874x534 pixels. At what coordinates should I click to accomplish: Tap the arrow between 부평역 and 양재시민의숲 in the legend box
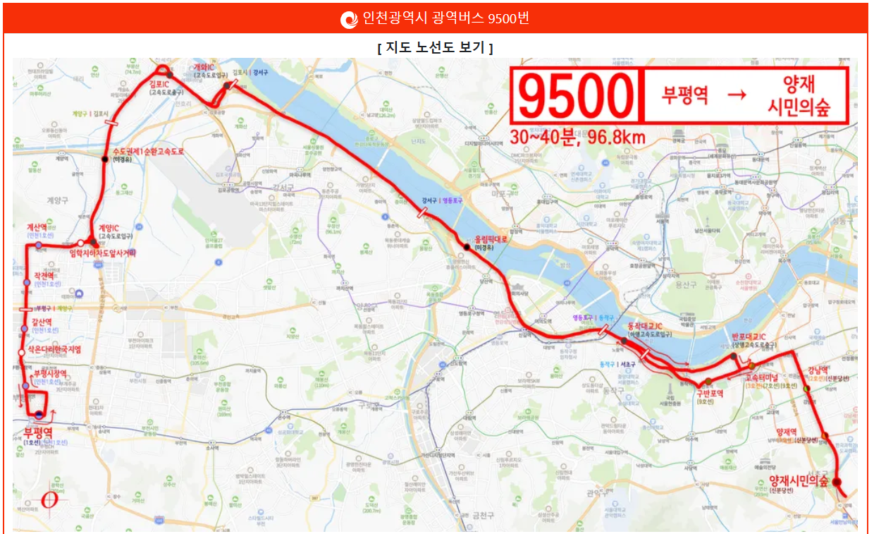point(735,95)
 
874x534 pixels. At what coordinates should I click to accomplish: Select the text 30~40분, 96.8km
point(580,137)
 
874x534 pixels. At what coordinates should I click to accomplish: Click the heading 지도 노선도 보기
point(435,48)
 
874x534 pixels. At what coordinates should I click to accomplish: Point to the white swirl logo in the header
point(349,19)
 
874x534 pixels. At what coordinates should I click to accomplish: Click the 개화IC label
point(204,68)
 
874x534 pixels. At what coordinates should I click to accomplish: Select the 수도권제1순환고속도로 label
point(147,152)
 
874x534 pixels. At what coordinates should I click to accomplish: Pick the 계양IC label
point(109,228)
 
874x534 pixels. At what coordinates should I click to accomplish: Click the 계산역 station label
point(36,227)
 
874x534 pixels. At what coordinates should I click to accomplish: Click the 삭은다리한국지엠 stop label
point(55,349)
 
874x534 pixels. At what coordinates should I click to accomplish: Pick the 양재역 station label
point(786,432)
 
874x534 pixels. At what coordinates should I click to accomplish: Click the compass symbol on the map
point(50,499)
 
